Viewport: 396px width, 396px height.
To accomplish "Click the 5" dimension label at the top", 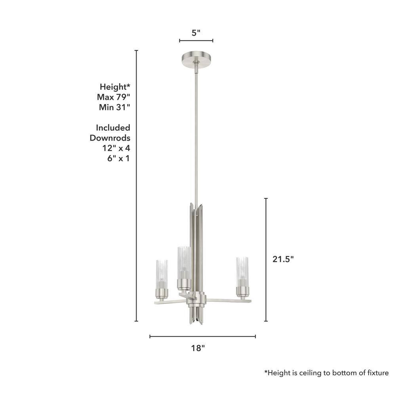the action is tap(196, 33).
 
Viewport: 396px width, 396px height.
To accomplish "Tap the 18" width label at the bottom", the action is tap(198, 348).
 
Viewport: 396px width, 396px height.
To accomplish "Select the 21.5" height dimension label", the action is tap(283, 259).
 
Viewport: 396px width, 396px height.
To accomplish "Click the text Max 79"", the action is tap(113, 97).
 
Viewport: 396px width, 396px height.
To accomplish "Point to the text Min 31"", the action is tap(114, 107).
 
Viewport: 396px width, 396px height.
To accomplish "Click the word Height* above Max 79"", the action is tap(115, 87).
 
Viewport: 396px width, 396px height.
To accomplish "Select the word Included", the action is tap(113, 128).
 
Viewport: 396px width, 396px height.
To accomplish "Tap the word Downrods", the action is tap(110, 138).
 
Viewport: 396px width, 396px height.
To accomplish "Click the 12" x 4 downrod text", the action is tap(116, 148).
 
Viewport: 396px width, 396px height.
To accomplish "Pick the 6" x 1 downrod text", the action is tap(118, 158).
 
